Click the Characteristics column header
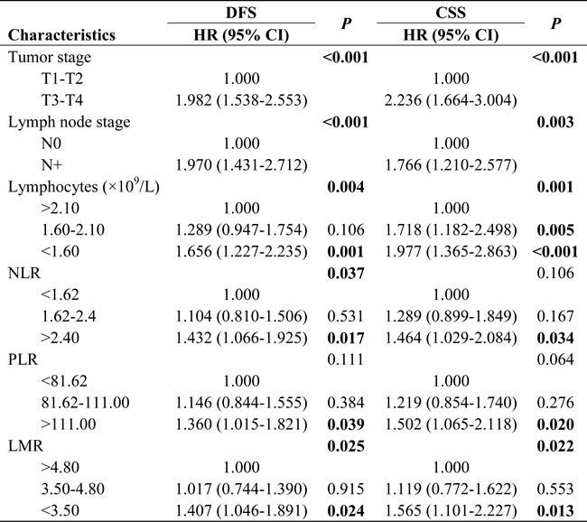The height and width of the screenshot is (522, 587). tap(61, 35)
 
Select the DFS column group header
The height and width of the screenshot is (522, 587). tap(241, 13)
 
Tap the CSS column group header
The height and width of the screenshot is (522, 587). tap(451, 13)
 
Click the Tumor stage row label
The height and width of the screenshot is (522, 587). tap(50, 57)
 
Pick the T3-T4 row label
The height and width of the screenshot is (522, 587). tap(62, 100)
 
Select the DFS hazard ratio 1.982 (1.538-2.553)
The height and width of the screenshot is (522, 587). tap(241, 100)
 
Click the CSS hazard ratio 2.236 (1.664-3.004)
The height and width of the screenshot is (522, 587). tap(451, 100)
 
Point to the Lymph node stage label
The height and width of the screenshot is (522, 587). tap(70, 122)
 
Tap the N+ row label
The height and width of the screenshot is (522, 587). tap(51, 164)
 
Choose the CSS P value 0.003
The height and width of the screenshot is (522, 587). tap(555, 122)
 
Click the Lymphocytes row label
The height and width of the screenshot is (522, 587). tap(84, 186)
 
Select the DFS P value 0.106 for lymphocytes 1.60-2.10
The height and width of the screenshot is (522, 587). tap(346, 229)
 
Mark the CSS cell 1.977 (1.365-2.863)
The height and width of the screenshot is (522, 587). tap(451, 251)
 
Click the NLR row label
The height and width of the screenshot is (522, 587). tap(24, 273)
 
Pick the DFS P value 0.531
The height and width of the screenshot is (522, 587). tap(346, 316)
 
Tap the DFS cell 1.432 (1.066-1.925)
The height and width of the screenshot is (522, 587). tap(241, 338)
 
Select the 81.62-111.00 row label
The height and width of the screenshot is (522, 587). tap(86, 403)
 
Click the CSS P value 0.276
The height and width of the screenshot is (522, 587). tap(555, 403)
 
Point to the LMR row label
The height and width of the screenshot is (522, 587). tap(25, 446)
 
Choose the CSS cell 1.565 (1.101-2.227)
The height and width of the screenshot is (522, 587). tap(451, 511)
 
